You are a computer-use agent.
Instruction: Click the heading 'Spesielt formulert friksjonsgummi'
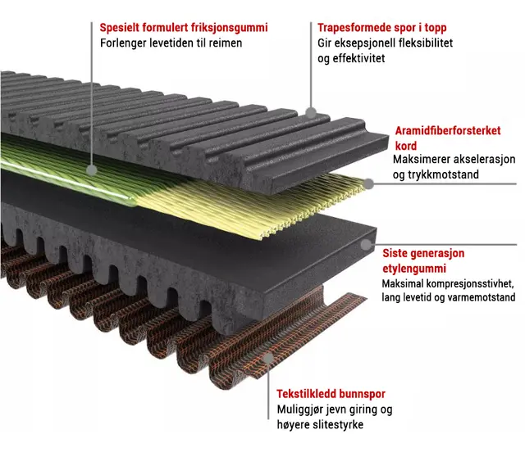click(184, 28)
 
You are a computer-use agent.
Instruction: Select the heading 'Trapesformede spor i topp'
click(377, 28)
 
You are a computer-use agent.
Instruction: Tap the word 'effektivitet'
click(356, 58)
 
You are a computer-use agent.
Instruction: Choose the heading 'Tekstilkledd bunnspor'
click(331, 394)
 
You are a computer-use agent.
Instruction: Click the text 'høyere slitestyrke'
click(320, 424)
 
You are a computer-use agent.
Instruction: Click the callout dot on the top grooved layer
click(311, 111)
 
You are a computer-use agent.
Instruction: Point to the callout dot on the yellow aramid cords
click(369, 183)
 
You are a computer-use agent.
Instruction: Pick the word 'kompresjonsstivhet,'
click(459, 283)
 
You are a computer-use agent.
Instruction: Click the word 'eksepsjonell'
click(365, 43)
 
